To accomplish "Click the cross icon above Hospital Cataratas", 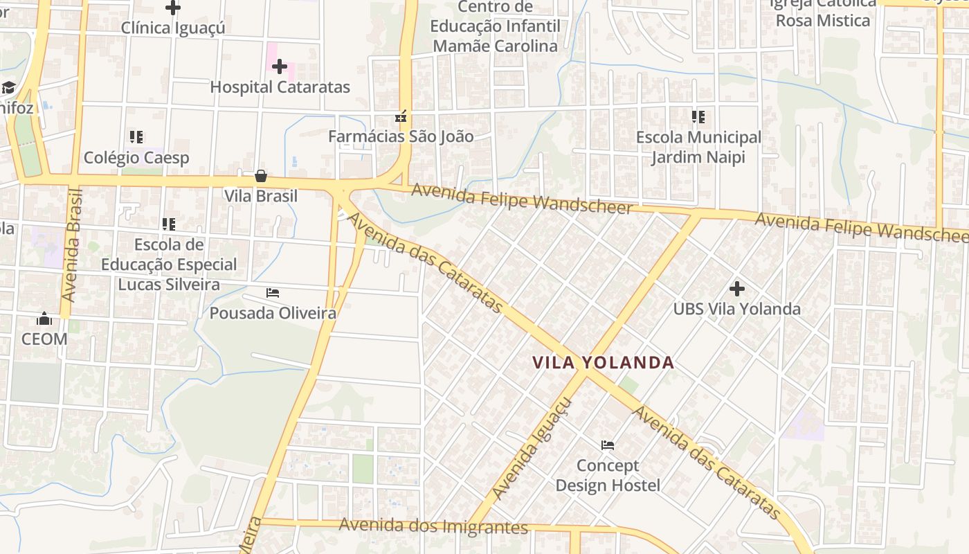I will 280,66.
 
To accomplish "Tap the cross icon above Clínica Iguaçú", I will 173,8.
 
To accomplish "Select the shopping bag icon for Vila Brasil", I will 261,176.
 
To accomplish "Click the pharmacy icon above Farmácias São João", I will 400,116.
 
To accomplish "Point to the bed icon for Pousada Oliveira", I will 273,293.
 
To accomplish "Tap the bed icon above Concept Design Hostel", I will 608,445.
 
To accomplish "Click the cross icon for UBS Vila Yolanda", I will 737,288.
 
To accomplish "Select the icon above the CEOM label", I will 44,319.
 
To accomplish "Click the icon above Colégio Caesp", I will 136,137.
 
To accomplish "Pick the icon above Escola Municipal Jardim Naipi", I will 698,117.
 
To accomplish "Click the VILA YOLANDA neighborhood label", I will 604,362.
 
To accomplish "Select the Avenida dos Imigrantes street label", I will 433,526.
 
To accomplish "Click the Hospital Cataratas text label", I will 280,87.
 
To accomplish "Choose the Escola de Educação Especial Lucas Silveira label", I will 169,265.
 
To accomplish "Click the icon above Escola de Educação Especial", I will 169,224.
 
